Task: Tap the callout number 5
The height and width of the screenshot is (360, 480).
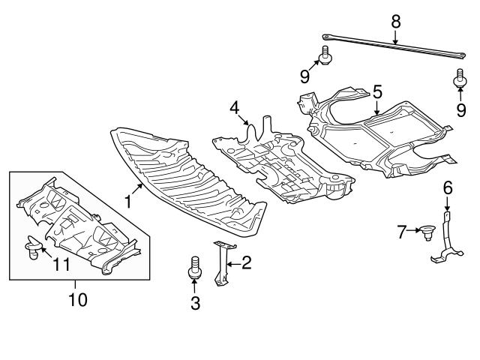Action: tap(377, 91)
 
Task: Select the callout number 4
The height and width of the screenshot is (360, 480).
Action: tap(235, 107)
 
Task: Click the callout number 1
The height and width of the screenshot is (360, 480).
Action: tap(128, 201)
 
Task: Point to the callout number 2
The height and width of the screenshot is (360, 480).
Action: tap(246, 262)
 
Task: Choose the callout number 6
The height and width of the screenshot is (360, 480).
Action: tap(447, 187)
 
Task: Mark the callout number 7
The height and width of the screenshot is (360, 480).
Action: tap(401, 232)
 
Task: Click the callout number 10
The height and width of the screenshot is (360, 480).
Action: tap(78, 301)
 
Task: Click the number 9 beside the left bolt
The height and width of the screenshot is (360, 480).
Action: tap(305, 75)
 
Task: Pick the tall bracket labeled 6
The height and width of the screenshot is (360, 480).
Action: tap(444, 240)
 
